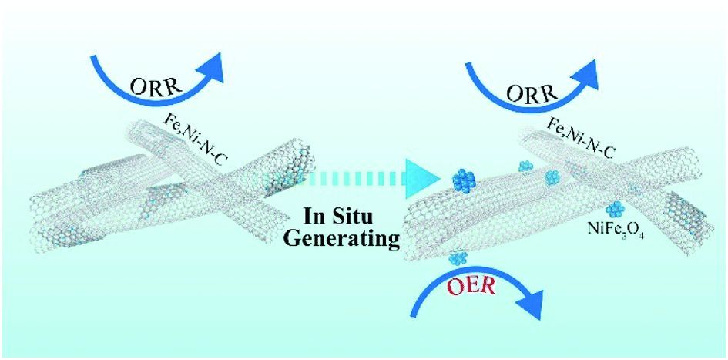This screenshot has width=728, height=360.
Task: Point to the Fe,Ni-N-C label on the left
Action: [x=199, y=136]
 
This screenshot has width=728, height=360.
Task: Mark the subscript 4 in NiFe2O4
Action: [x=641, y=234]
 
